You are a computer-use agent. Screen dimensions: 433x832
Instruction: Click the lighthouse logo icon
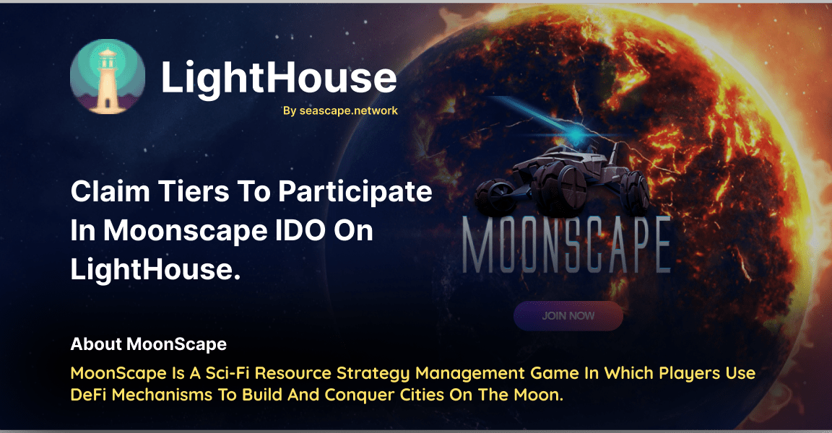(x=107, y=76)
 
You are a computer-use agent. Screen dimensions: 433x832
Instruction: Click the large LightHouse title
(x=278, y=77)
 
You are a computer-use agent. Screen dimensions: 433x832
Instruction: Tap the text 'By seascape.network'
(x=340, y=111)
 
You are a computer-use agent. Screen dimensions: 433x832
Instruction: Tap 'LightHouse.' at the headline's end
(x=155, y=269)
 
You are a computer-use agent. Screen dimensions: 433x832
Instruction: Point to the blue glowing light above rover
(x=575, y=136)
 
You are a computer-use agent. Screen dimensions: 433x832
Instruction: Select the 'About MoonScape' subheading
(x=148, y=344)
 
